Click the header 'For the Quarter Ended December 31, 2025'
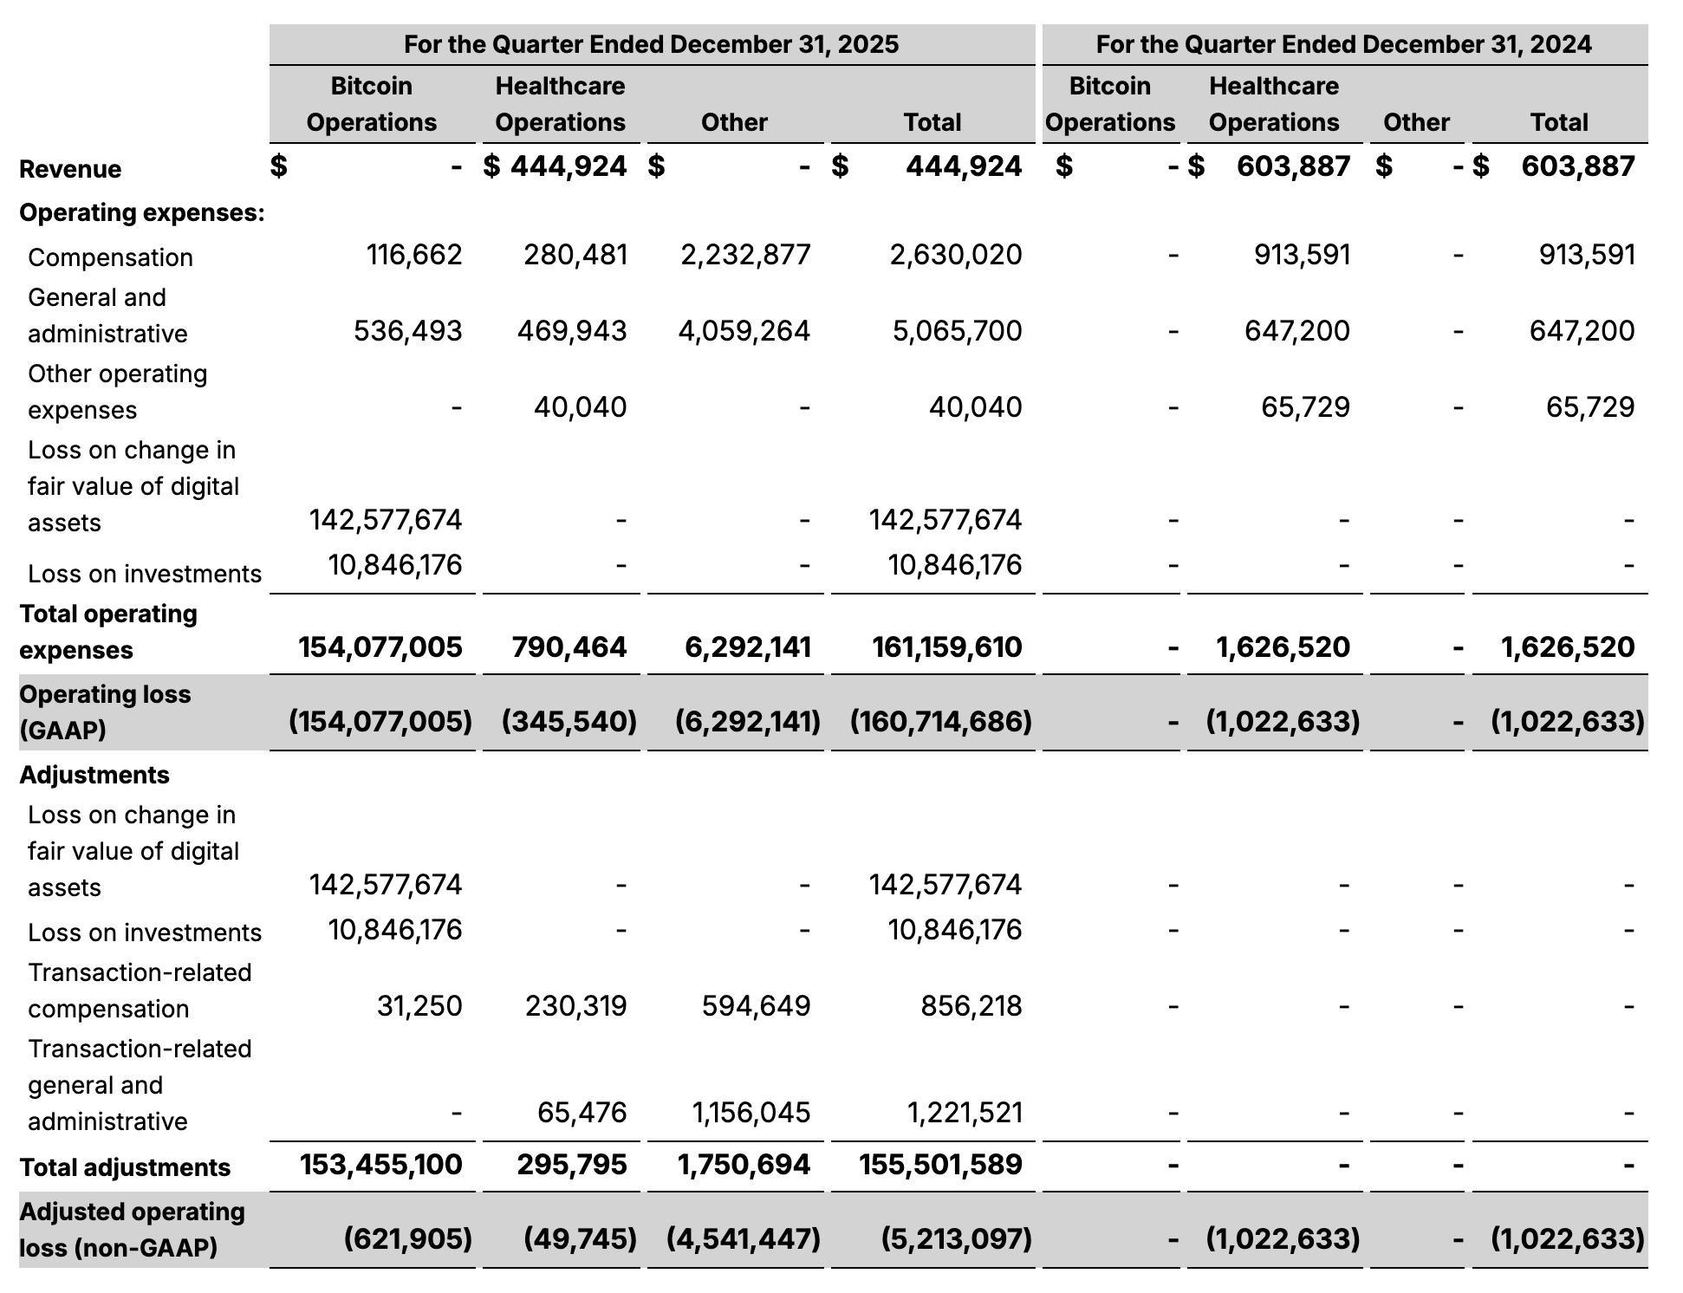point(651,44)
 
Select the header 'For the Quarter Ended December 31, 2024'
point(1343,44)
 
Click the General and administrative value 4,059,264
point(744,331)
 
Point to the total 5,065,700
point(957,331)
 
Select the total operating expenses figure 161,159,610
point(947,647)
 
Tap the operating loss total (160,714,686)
point(941,721)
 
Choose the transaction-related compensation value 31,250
point(419,1006)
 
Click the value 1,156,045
point(751,1113)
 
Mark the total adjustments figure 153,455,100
point(381,1165)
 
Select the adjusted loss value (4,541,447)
point(744,1238)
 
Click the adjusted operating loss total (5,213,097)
point(957,1238)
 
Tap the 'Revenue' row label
point(70,169)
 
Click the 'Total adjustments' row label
point(125,1167)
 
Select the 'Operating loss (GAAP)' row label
point(105,712)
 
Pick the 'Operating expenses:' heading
point(142,212)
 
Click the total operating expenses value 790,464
point(569,647)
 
